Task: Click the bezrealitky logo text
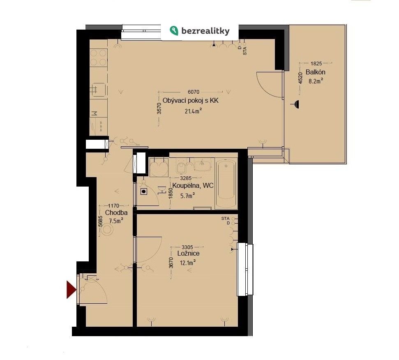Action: point(205,31)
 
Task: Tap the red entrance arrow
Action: point(71,290)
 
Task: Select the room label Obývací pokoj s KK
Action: point(191,101)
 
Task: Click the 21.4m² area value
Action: point(194,111)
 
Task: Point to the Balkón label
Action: point(316,72)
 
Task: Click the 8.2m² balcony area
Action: point(316,81)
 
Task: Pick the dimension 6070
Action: point(194,92)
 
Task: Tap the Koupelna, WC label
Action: point(193,185)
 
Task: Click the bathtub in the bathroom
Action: point(226,183)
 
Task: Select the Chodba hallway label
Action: point(116,212)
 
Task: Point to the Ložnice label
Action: point(188,254)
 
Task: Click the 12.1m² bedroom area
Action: point(188,263)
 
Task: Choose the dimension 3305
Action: point(187,247)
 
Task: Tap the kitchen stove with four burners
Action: point(99,58)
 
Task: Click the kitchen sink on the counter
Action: point(99,90)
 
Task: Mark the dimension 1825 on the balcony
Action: point(316,64)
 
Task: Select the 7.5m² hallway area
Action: point(116,221)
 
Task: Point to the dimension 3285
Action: point(186,178)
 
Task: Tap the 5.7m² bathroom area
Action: point(188,196)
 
